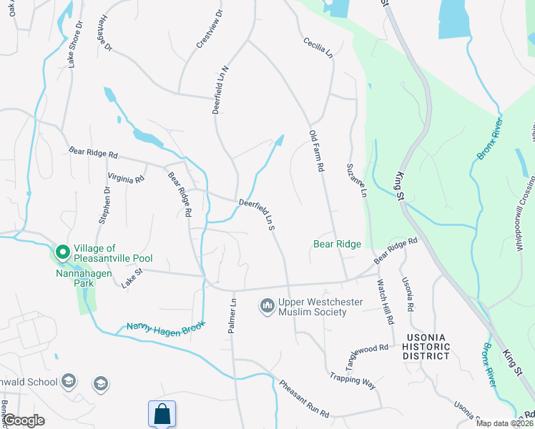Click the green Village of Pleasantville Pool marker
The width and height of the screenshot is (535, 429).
pyautogui.click(x=62, y=252)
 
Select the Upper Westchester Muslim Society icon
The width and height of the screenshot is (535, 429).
pyautogui.click(x=267, y=306)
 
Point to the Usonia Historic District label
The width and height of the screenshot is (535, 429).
pyautogui.click(x=427, y=346)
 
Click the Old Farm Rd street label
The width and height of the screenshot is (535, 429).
pyautogui.click(x=317, y=151)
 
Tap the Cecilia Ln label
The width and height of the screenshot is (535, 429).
pyautogui.click(x=318, y=48)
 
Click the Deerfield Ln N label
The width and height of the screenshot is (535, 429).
pyautogui.click(x=220, y=90)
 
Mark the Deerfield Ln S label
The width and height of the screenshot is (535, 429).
pyautogui.click(x=257, y=214)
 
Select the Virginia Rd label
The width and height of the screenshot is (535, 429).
pyautogui.click(x=125, y=177)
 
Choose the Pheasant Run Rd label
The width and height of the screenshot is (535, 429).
pyautogui.click(x=304, y=399)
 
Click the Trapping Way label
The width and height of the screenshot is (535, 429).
pyautogui.click(x=353, y=380)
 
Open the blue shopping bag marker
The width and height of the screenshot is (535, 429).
pyautogui.click(x=162, y=413)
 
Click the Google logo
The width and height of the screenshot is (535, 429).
pyautogui.click(x=24, y=421)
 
